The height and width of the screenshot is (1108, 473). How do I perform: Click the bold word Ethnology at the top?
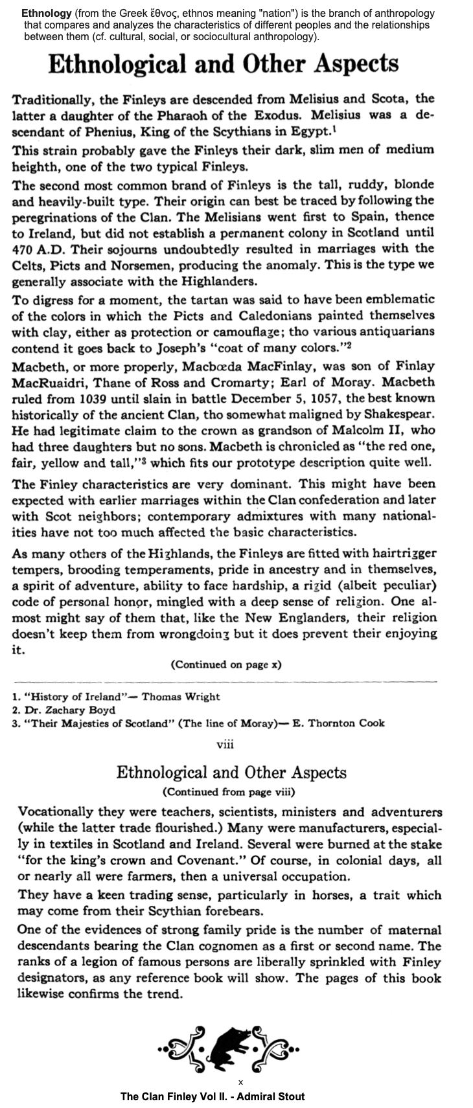(46, 14)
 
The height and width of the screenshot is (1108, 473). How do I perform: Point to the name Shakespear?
(401, 414)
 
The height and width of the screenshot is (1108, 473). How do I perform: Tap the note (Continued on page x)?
(225, 664)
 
